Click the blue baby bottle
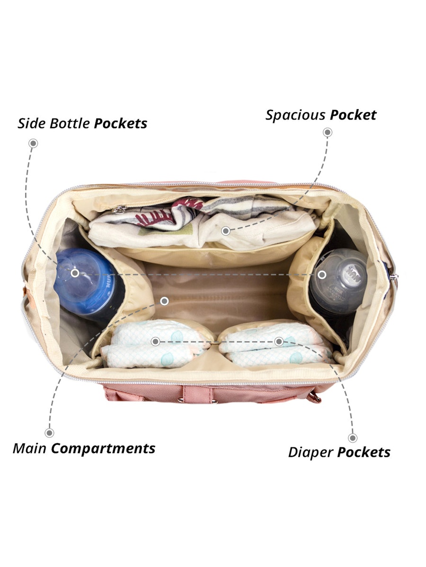[88, 284]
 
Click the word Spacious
[296, 115]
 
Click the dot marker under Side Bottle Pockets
[33, 143]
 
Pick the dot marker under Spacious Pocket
[328, 132]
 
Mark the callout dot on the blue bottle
[75, 273]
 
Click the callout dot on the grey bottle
[322, 275]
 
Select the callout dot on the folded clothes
[226, 231]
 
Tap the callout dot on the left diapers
[155, 342]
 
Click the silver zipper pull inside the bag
[119, 209]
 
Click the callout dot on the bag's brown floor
[165, 301]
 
